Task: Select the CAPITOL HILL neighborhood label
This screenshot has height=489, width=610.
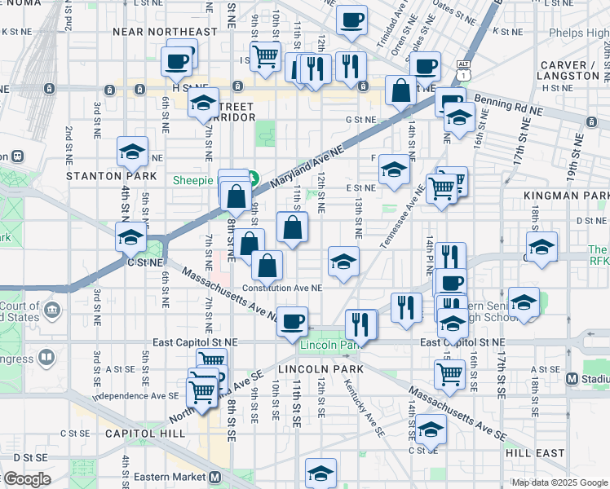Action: pyautogui.click(x=144, y=434)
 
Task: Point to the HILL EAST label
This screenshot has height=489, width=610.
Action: pyautogui.click(x=535, y=452)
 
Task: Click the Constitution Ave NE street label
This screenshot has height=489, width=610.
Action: pyautogui.click(x=284, y=288)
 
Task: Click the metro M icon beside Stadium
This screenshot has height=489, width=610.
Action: pyautogui.click(x=572, y=378)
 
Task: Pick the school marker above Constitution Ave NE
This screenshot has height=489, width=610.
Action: pyautogui.click(x=343, y=261)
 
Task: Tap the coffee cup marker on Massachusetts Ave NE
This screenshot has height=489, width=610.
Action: pyautogui.click(x=292, y=319)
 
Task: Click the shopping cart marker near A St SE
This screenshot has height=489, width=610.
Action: pyautogui.click(x=449, y=374)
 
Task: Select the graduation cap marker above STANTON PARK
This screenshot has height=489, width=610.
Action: pyautogui.click(x=131, y=151)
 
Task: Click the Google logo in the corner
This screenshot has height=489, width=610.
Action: pyautogui.click(x=28, y=479)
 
